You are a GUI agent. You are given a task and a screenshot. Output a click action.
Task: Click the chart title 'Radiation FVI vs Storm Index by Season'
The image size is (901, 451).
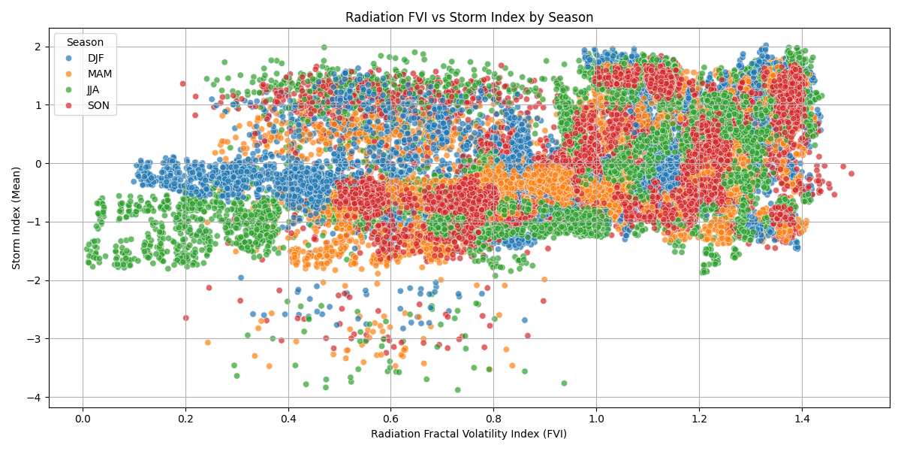(x=469, y=17)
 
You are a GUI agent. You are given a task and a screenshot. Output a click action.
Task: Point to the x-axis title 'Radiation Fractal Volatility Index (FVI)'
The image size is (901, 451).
(x=469, y=434)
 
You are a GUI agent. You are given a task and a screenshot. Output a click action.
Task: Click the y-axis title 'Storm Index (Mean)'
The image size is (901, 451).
(x=17, y=217)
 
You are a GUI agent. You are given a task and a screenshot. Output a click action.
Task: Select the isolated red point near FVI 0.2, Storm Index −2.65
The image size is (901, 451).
(x=185, y=318)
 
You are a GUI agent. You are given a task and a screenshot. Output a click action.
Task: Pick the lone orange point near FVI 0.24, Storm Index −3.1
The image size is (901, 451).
(x=208, y=342)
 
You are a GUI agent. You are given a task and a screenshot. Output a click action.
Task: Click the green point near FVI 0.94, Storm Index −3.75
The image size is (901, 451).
(x=564, y=383)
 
